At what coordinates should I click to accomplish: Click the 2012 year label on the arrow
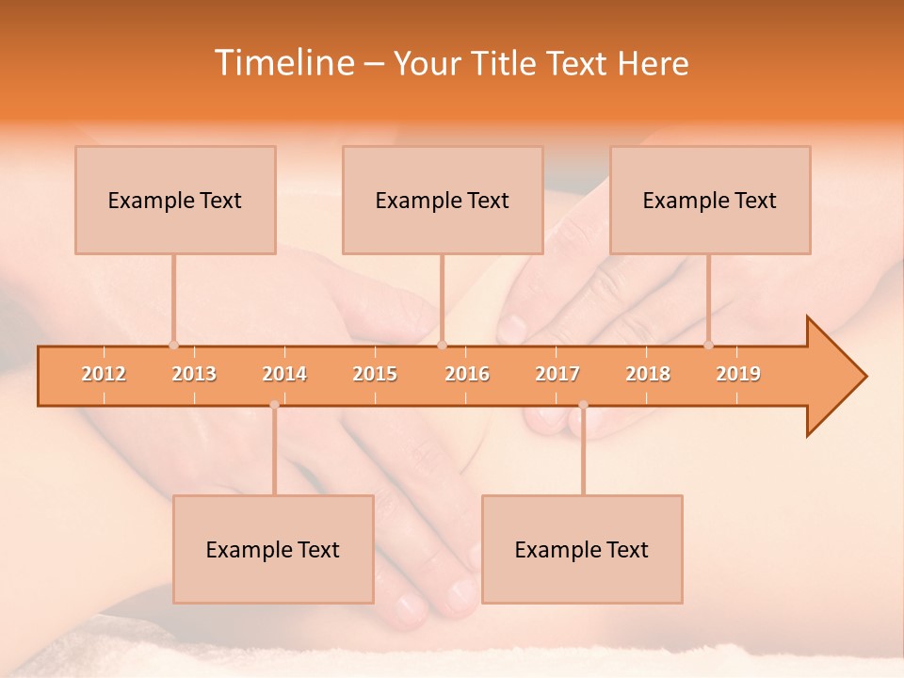pos(104,374)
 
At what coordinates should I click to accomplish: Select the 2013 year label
pos(194,374)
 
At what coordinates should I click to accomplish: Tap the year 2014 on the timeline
pos(284,374)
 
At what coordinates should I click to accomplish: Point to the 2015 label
pos(375,374)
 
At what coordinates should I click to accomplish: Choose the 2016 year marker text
pos(467,374)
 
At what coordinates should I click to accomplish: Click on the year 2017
pos(557,374)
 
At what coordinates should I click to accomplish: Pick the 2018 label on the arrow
pos(648,374)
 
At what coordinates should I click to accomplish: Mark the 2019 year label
pos(738,374)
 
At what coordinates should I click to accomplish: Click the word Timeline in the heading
pos(282,63)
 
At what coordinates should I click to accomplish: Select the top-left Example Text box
pos(175,201)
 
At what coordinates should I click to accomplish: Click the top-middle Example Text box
pos(443,201)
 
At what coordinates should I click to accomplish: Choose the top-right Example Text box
pos(710,201)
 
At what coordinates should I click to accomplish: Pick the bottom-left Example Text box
pos(273,550)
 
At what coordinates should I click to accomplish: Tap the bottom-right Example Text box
pos(582,550)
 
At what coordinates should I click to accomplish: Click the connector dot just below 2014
pos(274,405)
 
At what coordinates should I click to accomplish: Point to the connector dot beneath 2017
pos(583,405)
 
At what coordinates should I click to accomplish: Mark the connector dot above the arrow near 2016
pos(443,346)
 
